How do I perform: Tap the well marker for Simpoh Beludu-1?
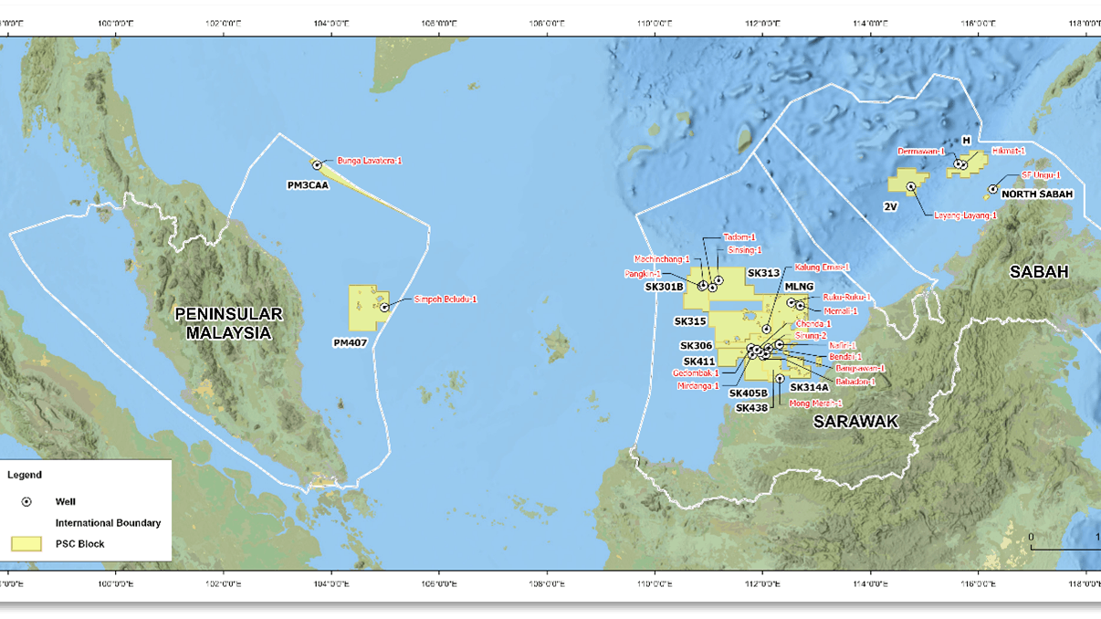(x=385, y=307)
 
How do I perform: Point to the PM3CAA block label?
(x=308, y=184)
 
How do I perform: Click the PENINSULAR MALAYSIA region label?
(x=228, y=323)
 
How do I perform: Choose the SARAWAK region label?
(x=855, y=421)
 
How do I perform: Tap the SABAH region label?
(x=1038, y=271)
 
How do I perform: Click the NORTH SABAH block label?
(x=1037, y=194)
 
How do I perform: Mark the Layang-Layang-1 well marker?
(x=911, y=186)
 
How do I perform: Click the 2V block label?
(x=891, y=207)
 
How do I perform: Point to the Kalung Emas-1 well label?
(x=822, y=268)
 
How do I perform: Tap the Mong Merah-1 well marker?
(x=780, y=378)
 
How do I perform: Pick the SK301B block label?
(x=665, y=287)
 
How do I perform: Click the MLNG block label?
(x=799, y=287)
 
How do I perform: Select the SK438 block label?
(x=751, y=408)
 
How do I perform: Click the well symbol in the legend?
(x=26, y=502)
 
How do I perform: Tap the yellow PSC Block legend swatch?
(x=26, y=544)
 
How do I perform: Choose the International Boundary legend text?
(x=108, y=523)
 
